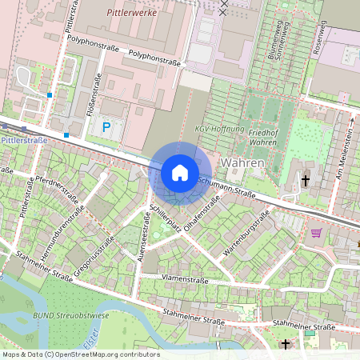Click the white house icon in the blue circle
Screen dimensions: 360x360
point(180,173)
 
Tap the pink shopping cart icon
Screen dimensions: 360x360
point(316,233)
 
